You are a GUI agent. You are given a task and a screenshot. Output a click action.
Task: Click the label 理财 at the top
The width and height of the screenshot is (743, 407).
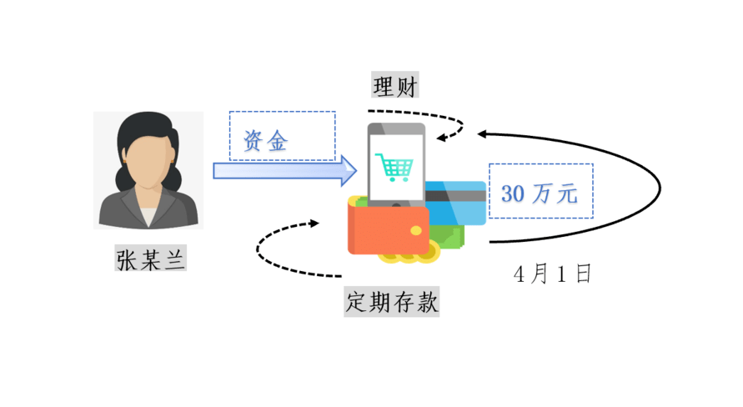click(394, 86)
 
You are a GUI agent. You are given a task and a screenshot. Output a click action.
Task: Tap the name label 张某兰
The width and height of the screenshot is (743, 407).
click(151, 259)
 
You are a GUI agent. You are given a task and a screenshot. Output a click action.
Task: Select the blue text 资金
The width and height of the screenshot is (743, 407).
click(265, 141)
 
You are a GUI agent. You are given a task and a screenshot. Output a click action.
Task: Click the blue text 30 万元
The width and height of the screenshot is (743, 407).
click(540, 193)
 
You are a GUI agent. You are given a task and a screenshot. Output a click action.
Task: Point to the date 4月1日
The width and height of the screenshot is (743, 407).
click(553, 274)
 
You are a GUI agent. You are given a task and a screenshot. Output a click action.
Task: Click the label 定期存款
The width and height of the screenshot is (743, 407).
click(391, 301)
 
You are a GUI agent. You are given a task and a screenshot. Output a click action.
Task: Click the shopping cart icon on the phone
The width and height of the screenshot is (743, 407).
click(394, 168)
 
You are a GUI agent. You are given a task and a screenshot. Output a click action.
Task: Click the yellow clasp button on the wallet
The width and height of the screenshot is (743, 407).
click(415, 231)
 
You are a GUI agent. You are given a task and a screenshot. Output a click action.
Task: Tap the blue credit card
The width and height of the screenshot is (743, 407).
click(456, 203)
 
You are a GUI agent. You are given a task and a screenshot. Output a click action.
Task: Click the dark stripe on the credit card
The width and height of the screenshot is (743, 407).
click(456, 196)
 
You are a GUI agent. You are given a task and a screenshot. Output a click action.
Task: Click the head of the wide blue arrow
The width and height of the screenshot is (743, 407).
click(349, 171)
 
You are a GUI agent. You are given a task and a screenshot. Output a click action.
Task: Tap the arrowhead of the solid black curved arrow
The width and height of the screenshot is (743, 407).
click(481, 134)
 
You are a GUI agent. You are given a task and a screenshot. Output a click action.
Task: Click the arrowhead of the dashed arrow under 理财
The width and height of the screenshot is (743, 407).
click(441, 138)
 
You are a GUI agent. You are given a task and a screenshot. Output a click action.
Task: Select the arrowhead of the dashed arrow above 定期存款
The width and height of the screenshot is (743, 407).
click(314, 223)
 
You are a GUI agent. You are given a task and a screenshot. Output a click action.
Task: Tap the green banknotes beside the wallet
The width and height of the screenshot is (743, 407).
click(447, 236)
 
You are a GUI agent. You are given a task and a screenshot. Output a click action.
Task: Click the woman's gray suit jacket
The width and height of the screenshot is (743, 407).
click(118, 211)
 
